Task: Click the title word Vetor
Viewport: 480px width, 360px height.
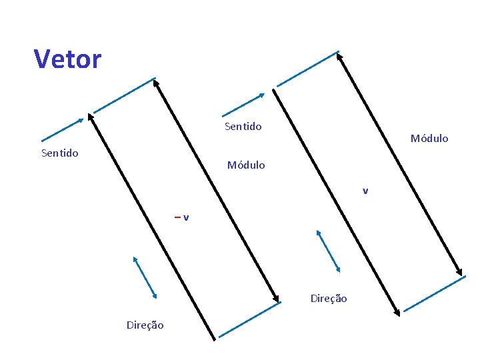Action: click(67, 59)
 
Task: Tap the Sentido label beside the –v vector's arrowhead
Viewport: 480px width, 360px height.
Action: click(59, 153)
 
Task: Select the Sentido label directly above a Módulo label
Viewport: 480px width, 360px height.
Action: click(243, 126)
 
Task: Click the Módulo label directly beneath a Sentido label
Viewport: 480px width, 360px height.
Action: click(245, 165)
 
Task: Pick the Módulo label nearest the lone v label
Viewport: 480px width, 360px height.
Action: click(429, 139)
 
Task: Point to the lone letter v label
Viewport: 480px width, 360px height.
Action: click(365, 191)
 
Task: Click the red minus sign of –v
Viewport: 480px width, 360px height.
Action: click(177, 217)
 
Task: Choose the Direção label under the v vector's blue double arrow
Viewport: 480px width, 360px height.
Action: click(328, 299)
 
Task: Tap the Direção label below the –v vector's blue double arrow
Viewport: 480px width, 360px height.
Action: click(145, 325)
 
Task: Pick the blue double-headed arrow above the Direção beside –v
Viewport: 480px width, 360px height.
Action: click(145, 277)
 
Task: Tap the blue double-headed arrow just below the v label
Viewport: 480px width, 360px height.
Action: click(328, 251)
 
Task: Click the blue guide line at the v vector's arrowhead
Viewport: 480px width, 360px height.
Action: click(433, 301)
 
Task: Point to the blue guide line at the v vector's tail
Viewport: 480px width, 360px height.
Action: click(307, 69)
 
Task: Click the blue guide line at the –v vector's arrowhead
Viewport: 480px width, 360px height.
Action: click(124, 95)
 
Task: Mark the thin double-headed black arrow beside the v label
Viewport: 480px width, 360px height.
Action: click(400, 164)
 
